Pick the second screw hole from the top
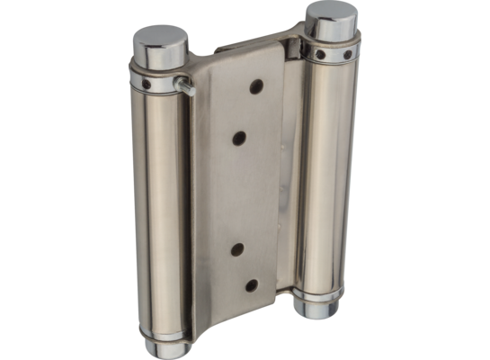(x=240, y=138)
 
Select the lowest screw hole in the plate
(x=253, y=287)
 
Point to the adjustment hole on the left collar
(x=145, y=83)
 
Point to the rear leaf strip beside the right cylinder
(x=289, y=180)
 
